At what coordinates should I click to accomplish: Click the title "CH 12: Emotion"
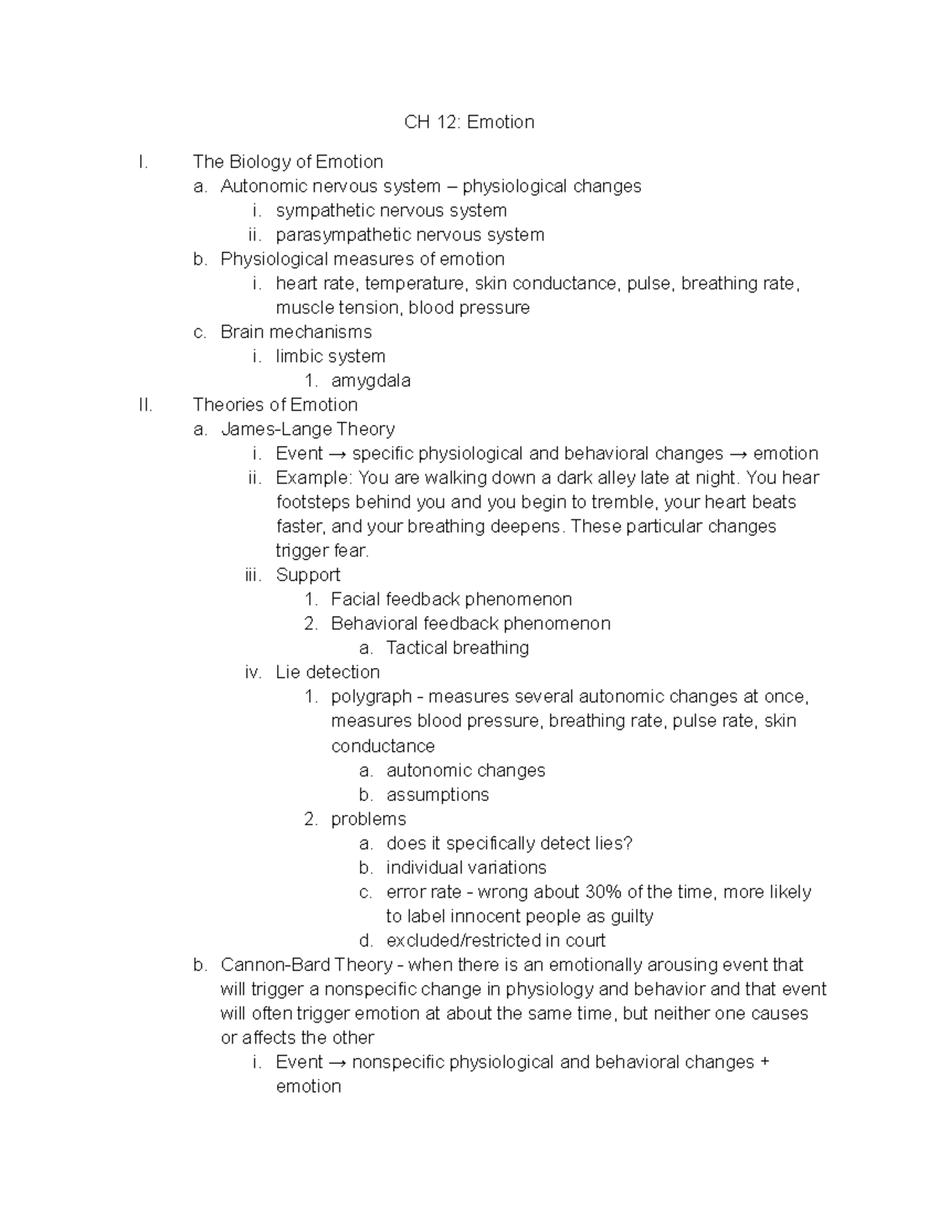(469, 122)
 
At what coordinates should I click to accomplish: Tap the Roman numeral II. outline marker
(144, 404)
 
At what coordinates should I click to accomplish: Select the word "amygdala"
(370, 381)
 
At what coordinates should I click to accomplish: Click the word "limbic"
(300, 357)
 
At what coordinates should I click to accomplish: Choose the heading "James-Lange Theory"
(308, 429)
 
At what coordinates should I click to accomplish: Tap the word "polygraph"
(371, 697)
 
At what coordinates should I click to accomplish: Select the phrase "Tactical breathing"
(457, 648)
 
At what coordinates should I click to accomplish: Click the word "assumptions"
(437, 795)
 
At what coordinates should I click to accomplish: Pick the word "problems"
(368, 819)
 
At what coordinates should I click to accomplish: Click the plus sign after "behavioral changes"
(765, 1062)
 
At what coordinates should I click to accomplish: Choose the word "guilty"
(631, 916)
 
